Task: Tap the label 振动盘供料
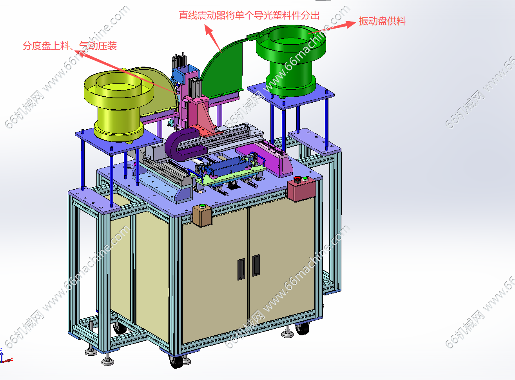click(x=382, y=21)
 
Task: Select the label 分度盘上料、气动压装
click(x=70, y=46)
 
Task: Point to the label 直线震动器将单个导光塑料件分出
click(x=249, y=15)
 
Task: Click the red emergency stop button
click(x=297, y=179)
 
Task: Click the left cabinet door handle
click(x=241, y=269)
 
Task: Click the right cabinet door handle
click(x=256, y=265)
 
